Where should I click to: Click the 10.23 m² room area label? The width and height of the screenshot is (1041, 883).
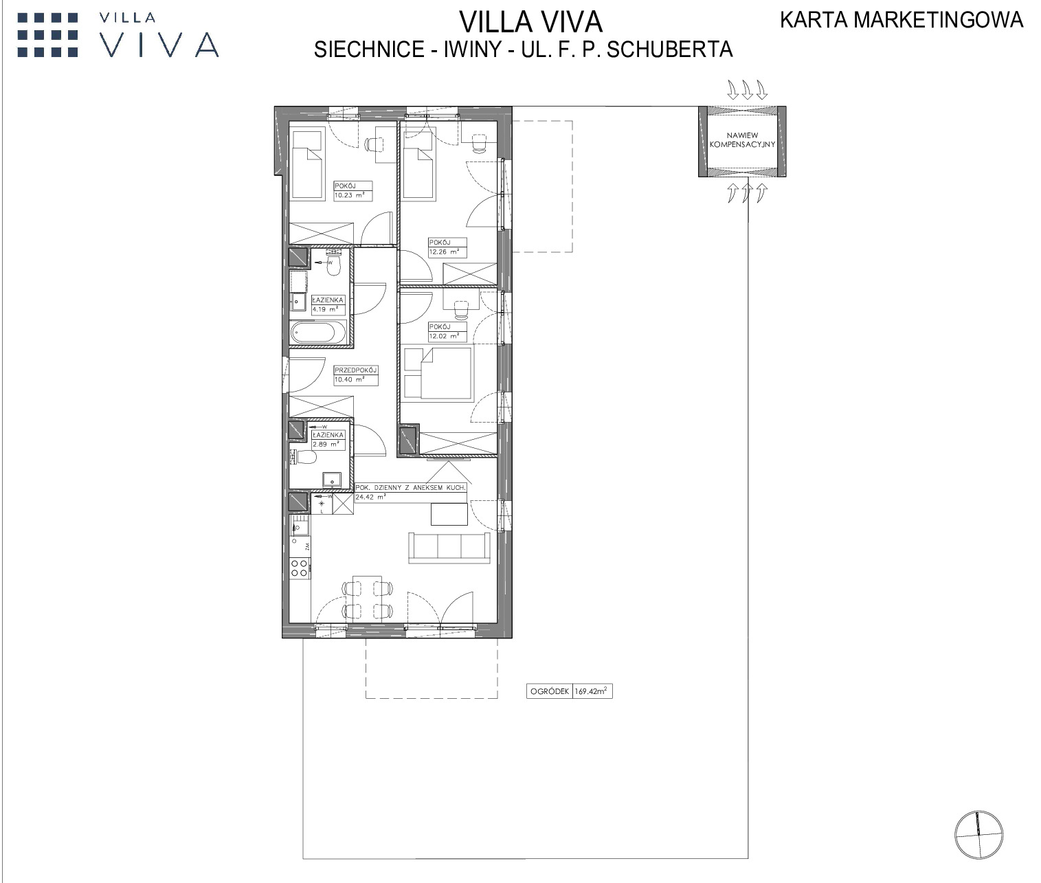point(350,195)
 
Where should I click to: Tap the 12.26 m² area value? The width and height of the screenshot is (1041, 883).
point(444,252)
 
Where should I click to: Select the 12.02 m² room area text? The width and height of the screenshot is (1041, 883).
point(444,336)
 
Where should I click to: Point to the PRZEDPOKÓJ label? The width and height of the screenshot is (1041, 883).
point(355,370)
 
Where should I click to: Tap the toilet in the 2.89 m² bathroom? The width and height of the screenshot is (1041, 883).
point(305,457)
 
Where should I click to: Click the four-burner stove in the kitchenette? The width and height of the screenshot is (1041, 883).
point(299,568)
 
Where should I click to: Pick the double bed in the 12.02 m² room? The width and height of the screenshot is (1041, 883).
point(438,372)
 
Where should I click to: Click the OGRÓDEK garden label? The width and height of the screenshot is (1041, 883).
point(550,691)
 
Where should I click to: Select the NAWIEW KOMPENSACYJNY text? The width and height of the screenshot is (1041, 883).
point(742,139)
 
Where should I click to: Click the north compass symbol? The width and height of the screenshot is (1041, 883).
point(978,835)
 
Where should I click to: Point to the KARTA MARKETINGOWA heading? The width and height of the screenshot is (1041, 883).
point(902,20)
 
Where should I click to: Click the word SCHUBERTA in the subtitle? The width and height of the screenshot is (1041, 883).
point(670,49)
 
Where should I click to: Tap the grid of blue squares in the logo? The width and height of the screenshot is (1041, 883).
point(48,35)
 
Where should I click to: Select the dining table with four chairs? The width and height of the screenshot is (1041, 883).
point(367,599)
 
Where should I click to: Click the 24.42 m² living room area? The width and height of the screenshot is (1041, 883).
point(370,497)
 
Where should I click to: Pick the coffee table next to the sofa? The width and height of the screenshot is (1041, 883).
point(449,514)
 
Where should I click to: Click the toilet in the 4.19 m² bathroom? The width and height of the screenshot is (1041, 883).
point(333,265)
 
